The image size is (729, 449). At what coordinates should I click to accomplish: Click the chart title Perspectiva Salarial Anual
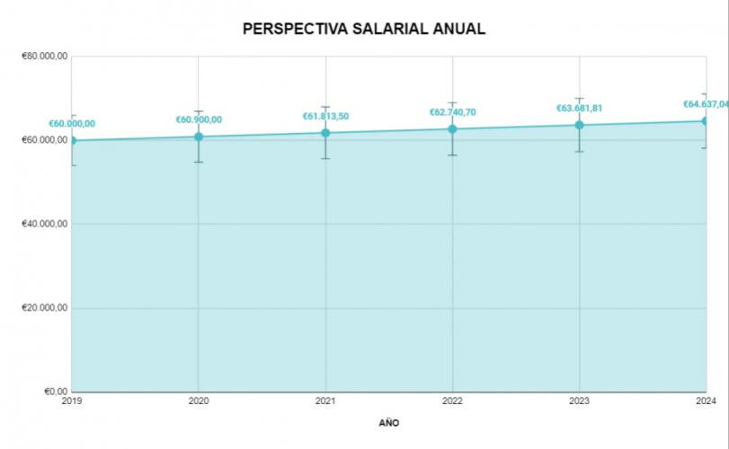tap(364, 29)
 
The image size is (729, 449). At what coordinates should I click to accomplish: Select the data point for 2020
tap(199, 136)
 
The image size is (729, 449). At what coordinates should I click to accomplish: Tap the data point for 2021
tap(325, 133)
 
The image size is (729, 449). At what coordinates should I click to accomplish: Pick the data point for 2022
tap(453, 128)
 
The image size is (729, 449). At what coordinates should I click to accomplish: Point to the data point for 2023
tap(580, 125)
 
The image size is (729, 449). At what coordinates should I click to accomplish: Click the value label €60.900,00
tap(199, 119)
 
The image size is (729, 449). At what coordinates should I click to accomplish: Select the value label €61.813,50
tap(325, 116)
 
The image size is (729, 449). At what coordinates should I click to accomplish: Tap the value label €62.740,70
tap(453, 112)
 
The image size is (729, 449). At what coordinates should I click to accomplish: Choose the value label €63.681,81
tap(579, 108)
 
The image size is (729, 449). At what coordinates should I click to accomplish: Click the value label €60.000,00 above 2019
tap(72, 124)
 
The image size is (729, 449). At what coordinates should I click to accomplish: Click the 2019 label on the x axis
tap(72, 401)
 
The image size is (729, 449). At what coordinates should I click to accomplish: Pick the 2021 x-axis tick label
tap(325, 401)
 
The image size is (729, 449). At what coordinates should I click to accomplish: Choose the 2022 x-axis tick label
tap(453, 401)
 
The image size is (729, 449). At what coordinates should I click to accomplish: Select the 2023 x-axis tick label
tap(580, 401)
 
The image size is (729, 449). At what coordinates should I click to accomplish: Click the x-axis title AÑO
tap(389, 422)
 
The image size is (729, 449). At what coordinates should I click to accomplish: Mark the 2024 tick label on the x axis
tap(707, 401)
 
